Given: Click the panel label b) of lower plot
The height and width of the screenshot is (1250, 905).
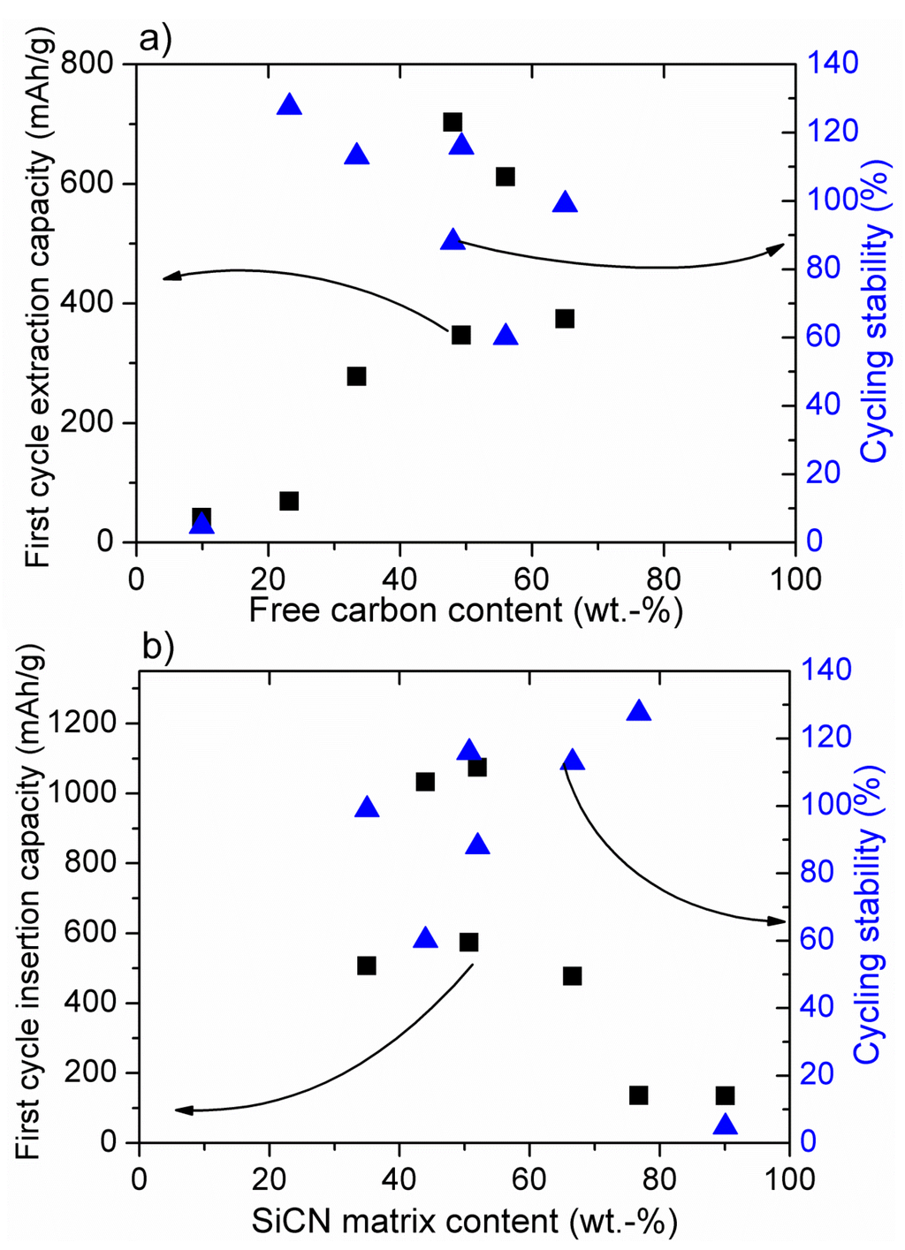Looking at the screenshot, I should [158, 647].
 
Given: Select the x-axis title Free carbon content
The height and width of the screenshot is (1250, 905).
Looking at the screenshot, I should [466, 610].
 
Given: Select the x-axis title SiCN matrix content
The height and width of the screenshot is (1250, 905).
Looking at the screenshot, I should [465, 1221].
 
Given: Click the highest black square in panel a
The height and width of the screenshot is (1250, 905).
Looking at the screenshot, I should [452, 123].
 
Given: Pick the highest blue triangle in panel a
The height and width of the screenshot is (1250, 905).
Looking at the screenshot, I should [289, 105].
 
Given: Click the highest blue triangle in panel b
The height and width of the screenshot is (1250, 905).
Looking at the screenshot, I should [638, 711].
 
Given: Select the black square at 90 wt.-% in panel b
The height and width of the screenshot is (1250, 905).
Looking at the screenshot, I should [725, 1095].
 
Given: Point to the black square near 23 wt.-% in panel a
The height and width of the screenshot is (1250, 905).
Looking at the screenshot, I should [289, 501].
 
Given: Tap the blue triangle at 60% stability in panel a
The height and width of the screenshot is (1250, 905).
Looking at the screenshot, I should [505, 335].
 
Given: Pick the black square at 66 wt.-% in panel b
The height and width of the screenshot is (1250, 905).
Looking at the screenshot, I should [572, 976].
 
